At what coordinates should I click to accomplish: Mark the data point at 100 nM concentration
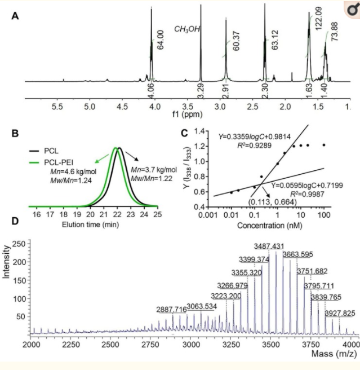pos(325,145)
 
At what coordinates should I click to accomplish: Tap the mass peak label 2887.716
pos(174,310)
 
